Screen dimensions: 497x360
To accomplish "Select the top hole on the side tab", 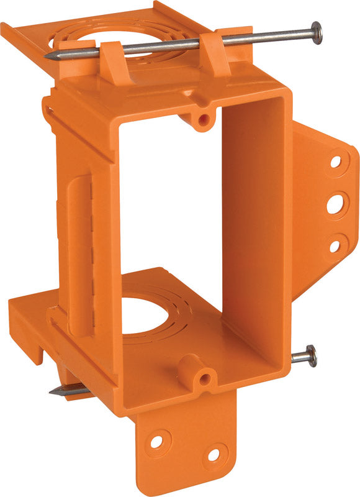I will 336,162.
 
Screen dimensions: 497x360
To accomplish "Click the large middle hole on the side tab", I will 335,204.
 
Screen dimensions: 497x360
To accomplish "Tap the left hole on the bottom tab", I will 156,441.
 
